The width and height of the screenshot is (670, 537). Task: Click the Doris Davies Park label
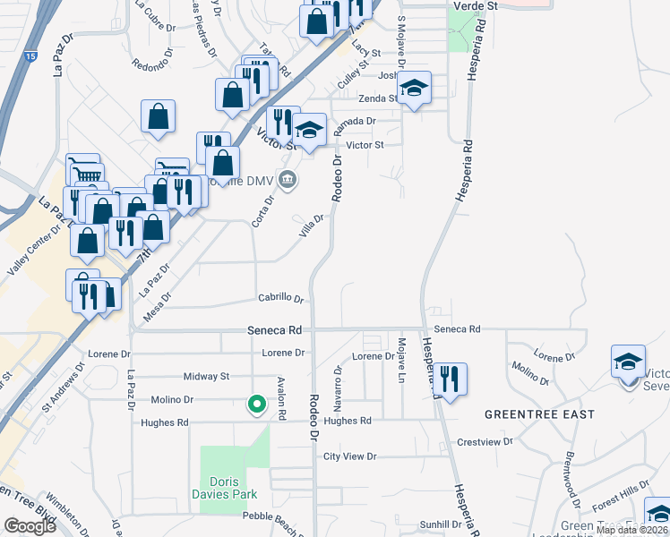(228, 487)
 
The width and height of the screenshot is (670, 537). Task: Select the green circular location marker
(257, 405)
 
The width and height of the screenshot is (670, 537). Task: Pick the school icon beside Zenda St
(414, 88)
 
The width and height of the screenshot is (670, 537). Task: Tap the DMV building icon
(287, 179)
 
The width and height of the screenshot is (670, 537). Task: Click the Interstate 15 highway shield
(30, 56)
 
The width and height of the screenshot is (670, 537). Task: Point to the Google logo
(30, 525)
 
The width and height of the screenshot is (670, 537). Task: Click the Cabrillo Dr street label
(280, 300)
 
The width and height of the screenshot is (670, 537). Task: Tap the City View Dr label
(350, 456)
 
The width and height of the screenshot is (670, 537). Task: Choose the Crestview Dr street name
(484, 441)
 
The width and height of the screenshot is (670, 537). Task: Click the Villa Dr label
(311, 225)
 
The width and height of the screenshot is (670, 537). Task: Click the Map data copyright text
(632, 530)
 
